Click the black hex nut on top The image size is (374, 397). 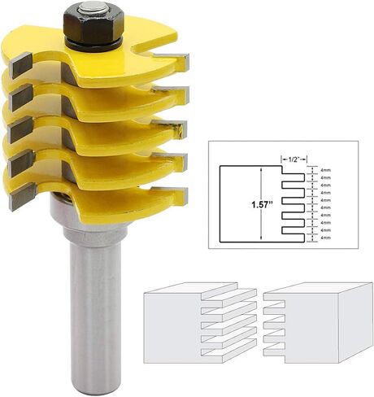point(92,25)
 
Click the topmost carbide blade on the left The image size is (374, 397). point(20,64)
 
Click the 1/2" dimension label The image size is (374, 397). point(294,159)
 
